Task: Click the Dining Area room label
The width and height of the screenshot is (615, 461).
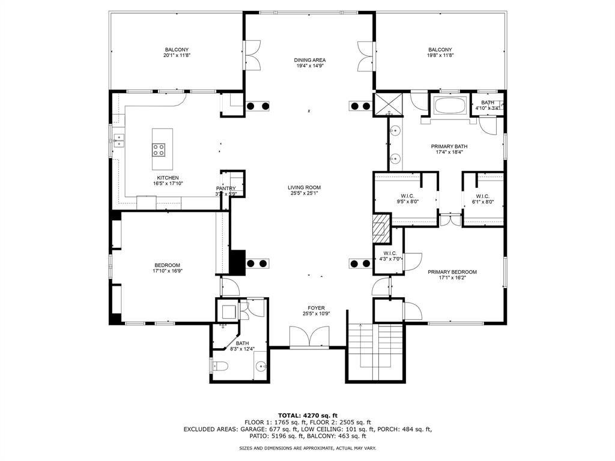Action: pos(310,60)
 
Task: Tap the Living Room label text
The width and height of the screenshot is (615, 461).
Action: pos(304,187)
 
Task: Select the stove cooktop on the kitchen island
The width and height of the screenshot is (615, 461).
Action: pos(159,149)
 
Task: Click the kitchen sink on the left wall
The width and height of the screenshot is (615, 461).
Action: pos(118,140)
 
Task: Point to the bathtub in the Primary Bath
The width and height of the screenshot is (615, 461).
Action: pos(450,106)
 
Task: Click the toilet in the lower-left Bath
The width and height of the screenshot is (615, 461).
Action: pos(220,366)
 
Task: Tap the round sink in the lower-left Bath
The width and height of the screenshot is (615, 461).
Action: pos(261,367)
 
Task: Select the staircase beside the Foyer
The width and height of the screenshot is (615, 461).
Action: pos(375,352)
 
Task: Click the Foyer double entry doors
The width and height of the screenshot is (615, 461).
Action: pos(309,336)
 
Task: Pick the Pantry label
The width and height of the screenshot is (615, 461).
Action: pos(226,188)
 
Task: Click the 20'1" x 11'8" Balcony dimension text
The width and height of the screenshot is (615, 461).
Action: pos(177,55)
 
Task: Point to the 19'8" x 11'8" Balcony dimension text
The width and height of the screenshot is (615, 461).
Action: pos(440,55)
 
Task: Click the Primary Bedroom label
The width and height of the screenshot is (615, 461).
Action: pos(452,272)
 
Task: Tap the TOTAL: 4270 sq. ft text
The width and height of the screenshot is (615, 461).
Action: pos(308,415)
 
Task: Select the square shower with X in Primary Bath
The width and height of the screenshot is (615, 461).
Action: pos(389,104)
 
